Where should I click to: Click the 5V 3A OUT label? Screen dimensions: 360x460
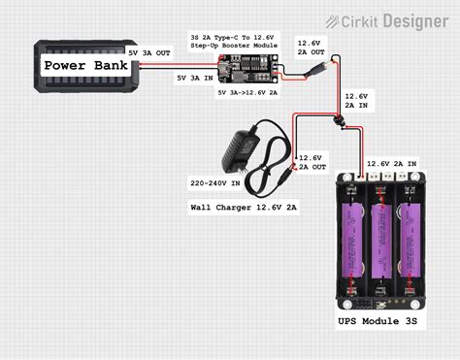coord(150,54)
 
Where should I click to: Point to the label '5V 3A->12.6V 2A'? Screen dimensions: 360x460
coord(248,92)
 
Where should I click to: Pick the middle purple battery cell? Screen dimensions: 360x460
coord(381,238)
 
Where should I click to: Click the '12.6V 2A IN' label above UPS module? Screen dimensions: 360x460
coord(392,164)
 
